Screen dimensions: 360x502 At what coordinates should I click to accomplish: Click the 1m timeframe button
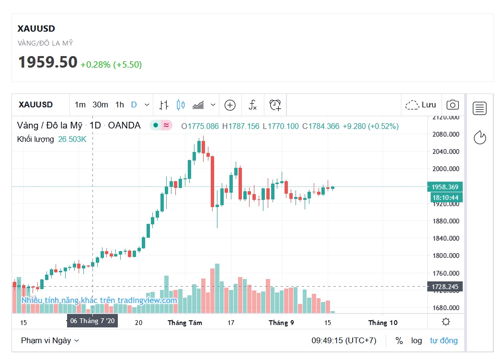pyautogui.click(x=80, y=105)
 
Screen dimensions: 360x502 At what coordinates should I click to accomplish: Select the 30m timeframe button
pyautogui.click(x=100, y=105)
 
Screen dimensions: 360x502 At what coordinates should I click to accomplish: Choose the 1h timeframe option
pyautogui.click(x=120, y=105)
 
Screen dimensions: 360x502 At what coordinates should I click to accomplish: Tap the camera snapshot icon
pyautogui.click(x=452, y=105)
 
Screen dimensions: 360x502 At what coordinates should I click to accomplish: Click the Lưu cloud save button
pyautogui.click(x=421, y=105)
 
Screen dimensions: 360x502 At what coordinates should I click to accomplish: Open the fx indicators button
pyautogui.click(x=252, y=105)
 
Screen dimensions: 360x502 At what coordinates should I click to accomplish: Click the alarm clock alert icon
pyautogui.click(x=275, y=105)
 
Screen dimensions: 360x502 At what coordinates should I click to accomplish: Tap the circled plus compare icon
pyautogui.click(x=230, y=105)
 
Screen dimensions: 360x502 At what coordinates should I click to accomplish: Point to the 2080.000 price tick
pyautogui.click(x=445, y=134)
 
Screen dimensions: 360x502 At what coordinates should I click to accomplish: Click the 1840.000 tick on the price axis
pyautogui.click(x=445, y=238)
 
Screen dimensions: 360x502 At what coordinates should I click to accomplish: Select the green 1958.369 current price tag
pyautogui.click(x=445, y=187)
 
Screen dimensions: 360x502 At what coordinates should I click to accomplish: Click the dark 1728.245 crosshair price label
pyautogui.click(x=445, y=287)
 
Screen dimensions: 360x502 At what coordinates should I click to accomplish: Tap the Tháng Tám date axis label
pyautogui.click(x=184, y=323)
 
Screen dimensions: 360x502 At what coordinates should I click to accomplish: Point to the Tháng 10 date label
pyautogui.click(x=383, y=323)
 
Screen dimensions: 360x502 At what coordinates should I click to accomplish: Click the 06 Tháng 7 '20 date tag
pyautogui.click(x=92, y=320)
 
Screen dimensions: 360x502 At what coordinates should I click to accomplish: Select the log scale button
pyautogui.click(x=416, y=340)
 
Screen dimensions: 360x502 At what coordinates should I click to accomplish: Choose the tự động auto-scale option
pyautogui.click(x=444, y=340)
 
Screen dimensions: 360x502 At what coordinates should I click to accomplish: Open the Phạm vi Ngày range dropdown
pyautogui.click(x=50, y=340)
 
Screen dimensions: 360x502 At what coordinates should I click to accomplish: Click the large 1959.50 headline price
pyautogui.click(x=47, y=62)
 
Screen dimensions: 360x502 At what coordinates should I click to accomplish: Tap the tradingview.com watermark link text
pyautogui.click(x=99, y=301)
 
